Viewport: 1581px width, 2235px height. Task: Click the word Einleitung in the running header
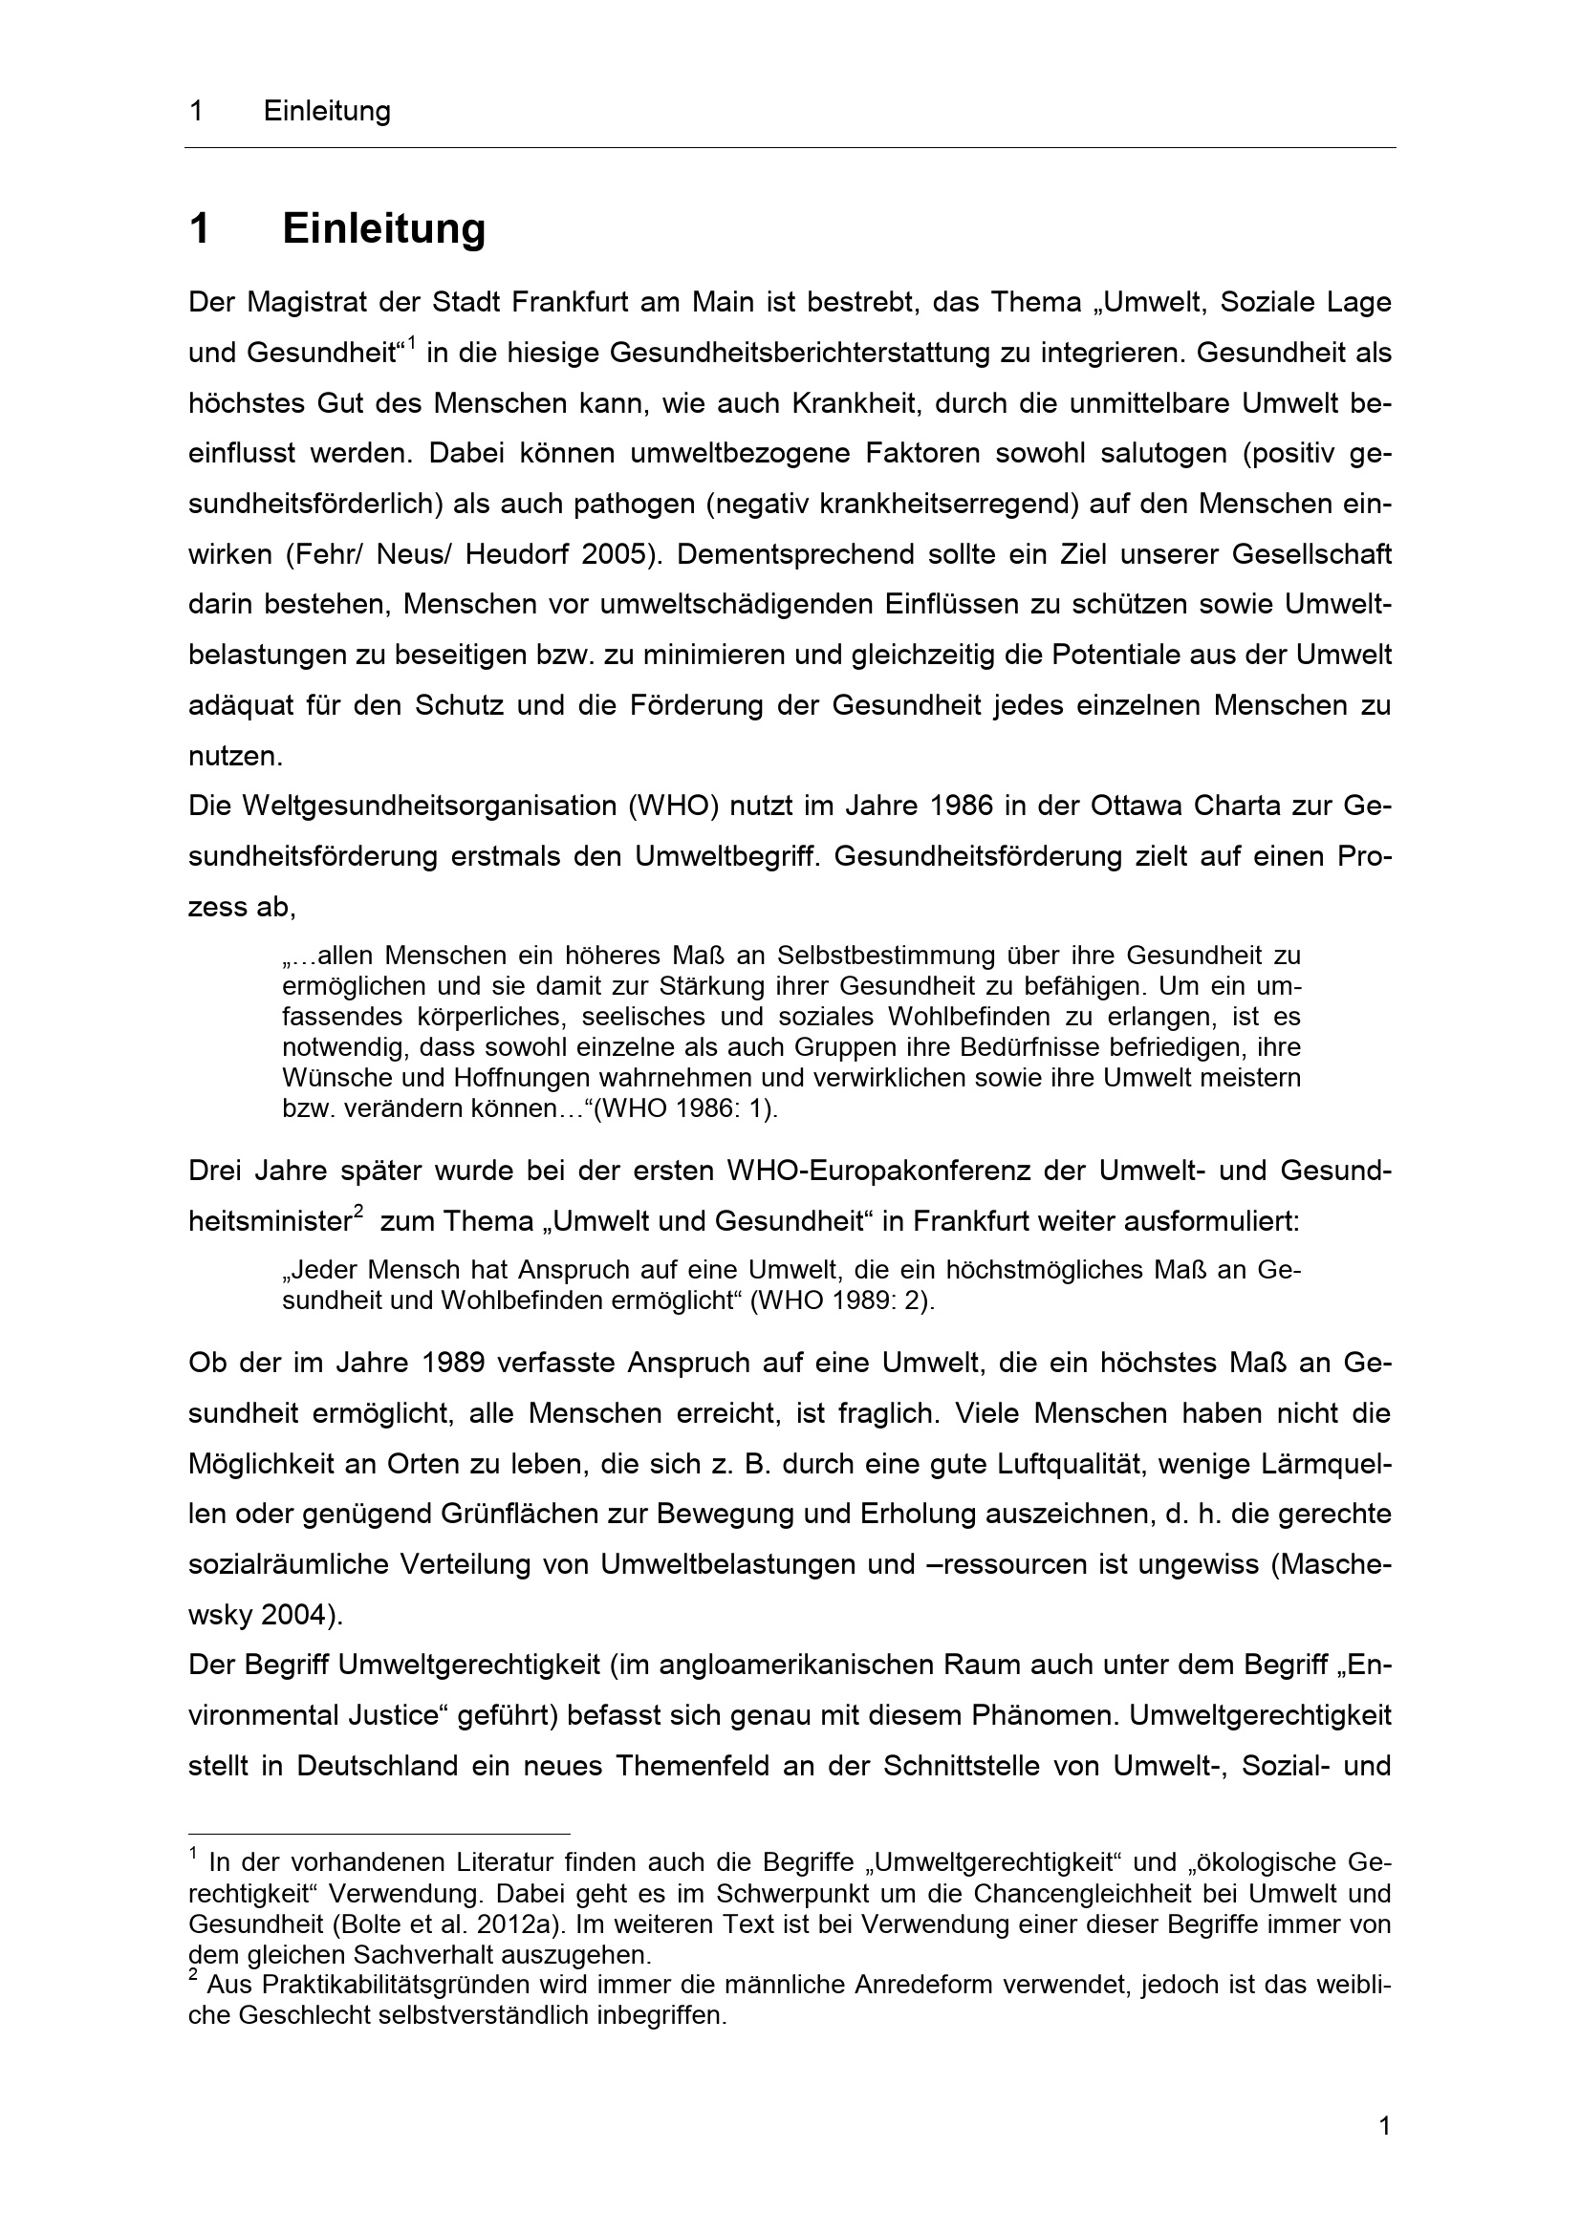(x=326, y=112)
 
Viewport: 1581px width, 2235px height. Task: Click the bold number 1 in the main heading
(x=200, y=229)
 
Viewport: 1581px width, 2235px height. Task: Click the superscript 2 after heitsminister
(x=358, y=1212)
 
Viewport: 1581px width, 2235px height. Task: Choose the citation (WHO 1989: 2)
(x=842, y=1301)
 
